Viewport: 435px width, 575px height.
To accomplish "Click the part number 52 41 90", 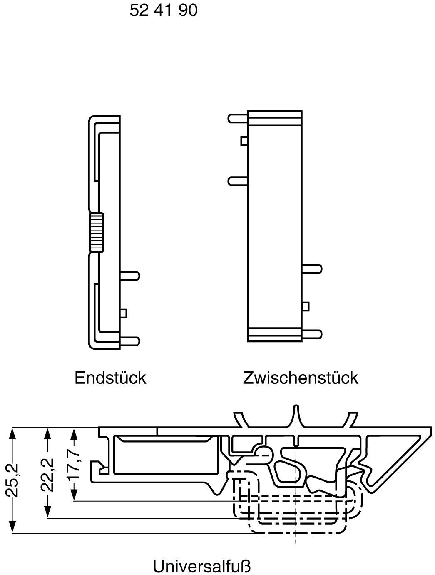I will click(x=163, y=10).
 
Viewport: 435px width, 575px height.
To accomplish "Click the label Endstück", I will click(x=110, y=377).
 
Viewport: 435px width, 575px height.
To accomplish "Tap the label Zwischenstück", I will click(x=300, y=377).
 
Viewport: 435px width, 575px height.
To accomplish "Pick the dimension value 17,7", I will click(x=74, y=464).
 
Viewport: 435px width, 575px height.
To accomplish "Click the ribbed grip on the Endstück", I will click(x=97, y=232).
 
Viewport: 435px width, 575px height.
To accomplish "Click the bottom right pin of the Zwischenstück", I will click(x=312, y=334).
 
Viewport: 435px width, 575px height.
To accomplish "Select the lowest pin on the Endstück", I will click(x=130, y=340).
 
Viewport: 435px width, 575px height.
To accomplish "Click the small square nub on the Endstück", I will click(x=123, y=313).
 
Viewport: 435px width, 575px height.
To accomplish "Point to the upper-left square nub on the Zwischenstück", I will click(x=244, y=141).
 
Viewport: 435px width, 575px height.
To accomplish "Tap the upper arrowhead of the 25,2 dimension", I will click(x=13, y=433).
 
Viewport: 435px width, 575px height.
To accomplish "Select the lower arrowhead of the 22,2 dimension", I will click(x=48, y=513).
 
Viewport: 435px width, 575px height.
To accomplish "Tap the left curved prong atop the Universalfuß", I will click(x=241, y=419).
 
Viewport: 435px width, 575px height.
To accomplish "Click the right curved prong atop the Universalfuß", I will click(x=352, y=419).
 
